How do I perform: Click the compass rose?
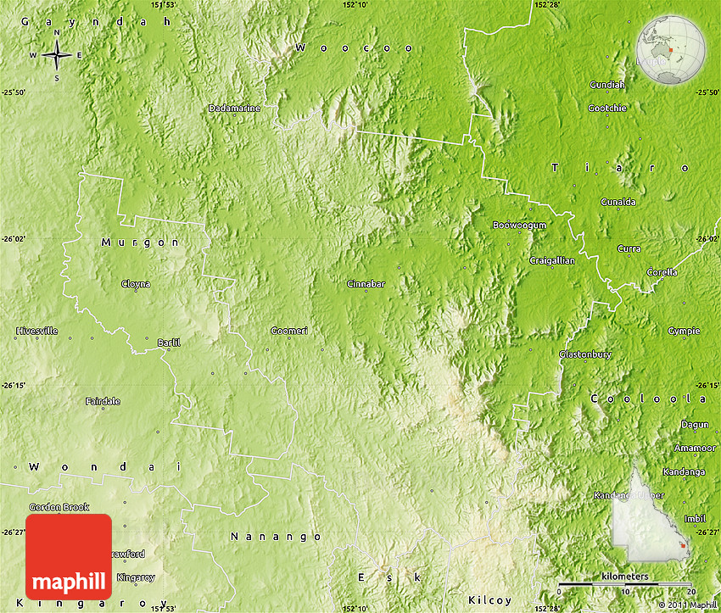point(57,56)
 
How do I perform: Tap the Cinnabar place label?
point(366,284)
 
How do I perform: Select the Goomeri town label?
point(289,330)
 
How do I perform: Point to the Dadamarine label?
point(234,109)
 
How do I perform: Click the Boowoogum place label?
point(519,226)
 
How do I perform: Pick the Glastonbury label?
point(581,354)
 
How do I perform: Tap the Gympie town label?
point(684,331)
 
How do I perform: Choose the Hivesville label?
point(36,331)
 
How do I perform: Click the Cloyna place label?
point(136,284)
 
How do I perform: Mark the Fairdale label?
point(103,401)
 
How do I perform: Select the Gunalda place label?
point(618,202)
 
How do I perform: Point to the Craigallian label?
point(552,260)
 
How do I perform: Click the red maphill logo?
point(69,557)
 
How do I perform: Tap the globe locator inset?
point(671,51)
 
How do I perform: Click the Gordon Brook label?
point(59,507)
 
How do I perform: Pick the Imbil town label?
point(694,518)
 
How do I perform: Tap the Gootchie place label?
point(607,109)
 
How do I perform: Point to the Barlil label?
point(169,343)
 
